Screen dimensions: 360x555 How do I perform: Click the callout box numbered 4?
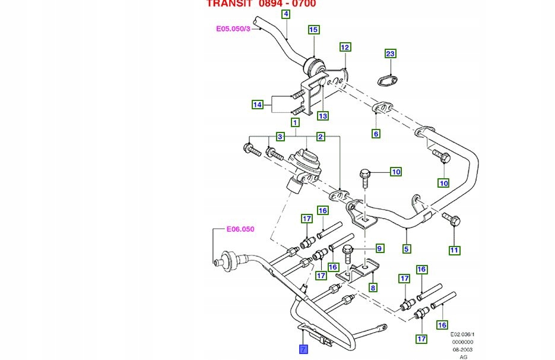[286, 14]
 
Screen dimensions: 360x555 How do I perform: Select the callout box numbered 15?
[314, 29]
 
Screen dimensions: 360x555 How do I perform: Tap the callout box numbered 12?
[345, 47]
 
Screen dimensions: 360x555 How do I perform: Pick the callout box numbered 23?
[390, 54]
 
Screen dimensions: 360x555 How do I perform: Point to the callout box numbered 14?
[257, 105]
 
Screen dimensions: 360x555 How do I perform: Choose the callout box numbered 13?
[322, 115]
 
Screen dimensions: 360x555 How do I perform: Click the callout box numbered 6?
[376, 134]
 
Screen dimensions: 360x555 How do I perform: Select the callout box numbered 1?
[294, 122]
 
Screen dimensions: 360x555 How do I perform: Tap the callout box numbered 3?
[281, 137]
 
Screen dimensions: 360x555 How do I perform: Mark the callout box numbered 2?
[321, 137]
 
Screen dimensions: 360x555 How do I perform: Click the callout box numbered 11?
[454, 250]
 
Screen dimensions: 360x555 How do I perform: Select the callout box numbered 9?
[379, 248]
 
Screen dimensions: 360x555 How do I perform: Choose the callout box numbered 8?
[373, 288]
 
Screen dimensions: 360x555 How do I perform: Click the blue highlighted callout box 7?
[303, 349]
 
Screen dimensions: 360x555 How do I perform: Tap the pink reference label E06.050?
[240, 229]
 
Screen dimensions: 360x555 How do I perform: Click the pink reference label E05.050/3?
[233, 28]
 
